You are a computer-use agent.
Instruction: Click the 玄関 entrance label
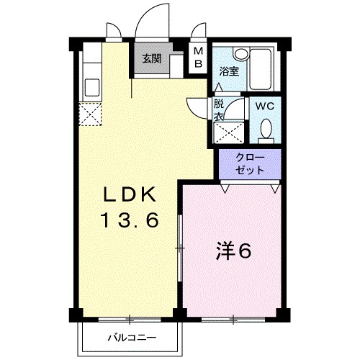tap(151, 59)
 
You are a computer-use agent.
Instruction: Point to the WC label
tap(266, 106)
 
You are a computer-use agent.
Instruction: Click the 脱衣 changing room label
tap(219, 109)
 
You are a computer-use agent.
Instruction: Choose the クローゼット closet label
tap(249, 164)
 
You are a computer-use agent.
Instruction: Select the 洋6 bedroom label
tap(233, 252)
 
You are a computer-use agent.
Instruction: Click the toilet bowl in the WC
tap(266, 130)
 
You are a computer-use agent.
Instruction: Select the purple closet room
tap(249, 166)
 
